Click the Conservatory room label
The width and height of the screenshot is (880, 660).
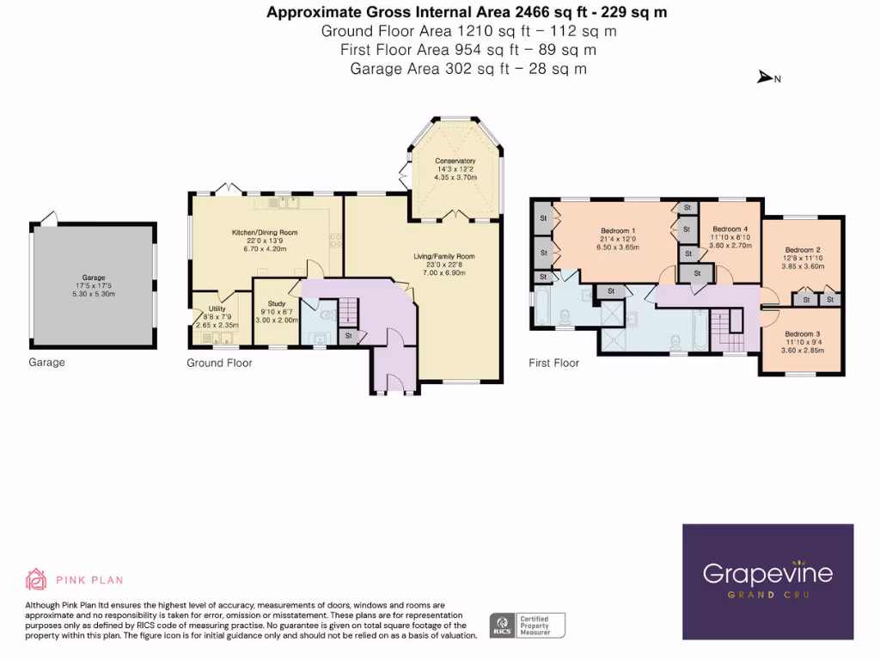[455, 162]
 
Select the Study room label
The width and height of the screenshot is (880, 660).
[277, 302]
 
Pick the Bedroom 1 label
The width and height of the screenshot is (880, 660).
[617, 230]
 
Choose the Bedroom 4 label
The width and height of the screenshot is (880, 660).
[728, 229]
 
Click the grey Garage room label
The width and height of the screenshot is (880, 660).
[94, 278]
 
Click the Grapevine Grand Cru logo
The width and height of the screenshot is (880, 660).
[767, 581]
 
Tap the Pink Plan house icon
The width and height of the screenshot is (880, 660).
[36, 579]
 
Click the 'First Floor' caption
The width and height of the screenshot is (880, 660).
[553, 364]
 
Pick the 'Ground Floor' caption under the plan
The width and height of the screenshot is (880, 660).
[219, 364]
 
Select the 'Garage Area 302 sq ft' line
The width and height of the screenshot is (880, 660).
[468, 69]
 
